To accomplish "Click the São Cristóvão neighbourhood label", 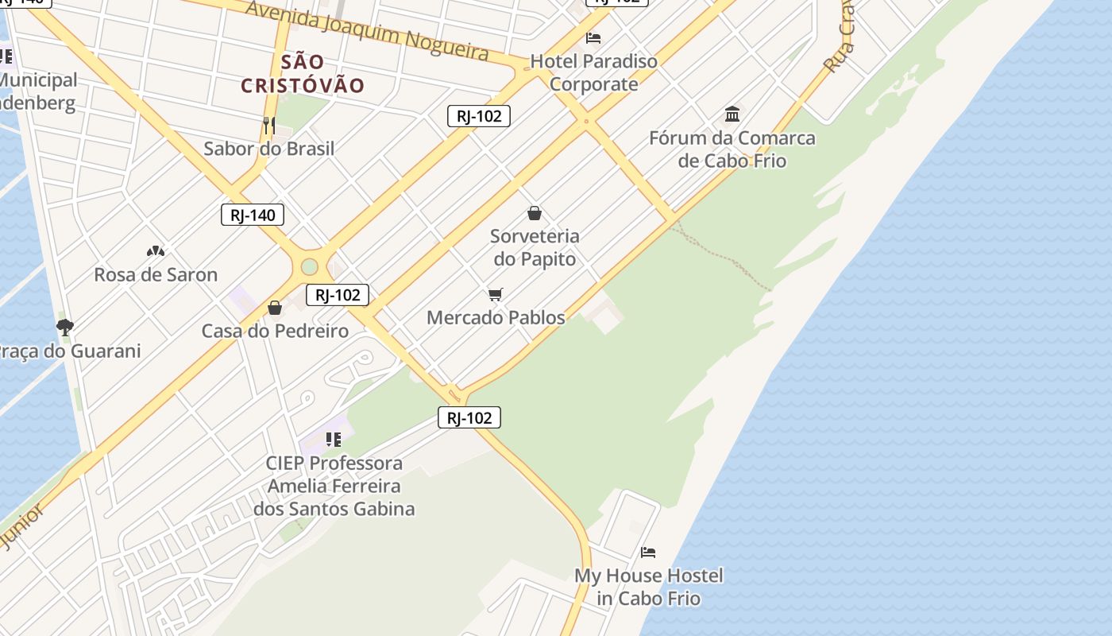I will pos(303,73).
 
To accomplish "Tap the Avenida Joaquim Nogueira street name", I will pos(367,30).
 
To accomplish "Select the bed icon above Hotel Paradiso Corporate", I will pos(593,37).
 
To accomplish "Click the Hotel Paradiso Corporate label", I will pos(594,72).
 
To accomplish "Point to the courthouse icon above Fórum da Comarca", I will pos(732,114).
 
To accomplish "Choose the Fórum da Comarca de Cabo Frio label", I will pos(732,149).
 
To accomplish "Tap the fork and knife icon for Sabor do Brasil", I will pos(269,126).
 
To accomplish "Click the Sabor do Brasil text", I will pos(269,149).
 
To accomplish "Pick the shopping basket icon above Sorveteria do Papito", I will pos(535,213).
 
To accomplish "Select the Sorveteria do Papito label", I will pos(535,247).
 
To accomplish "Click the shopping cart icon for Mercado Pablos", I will pos(496,295).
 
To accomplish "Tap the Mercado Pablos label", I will pos(496,318).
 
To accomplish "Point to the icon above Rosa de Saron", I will pos(156,251).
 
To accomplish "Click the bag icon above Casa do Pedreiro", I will pos(275,308).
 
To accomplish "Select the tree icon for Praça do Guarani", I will pos(65,327).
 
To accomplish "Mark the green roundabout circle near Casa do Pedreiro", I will pos(310,267).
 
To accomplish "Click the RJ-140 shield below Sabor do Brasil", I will pos(253,215).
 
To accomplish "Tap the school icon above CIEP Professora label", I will pos(334,439).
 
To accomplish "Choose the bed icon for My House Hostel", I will pos(648,552).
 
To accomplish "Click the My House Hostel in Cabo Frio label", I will pos(649,587).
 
